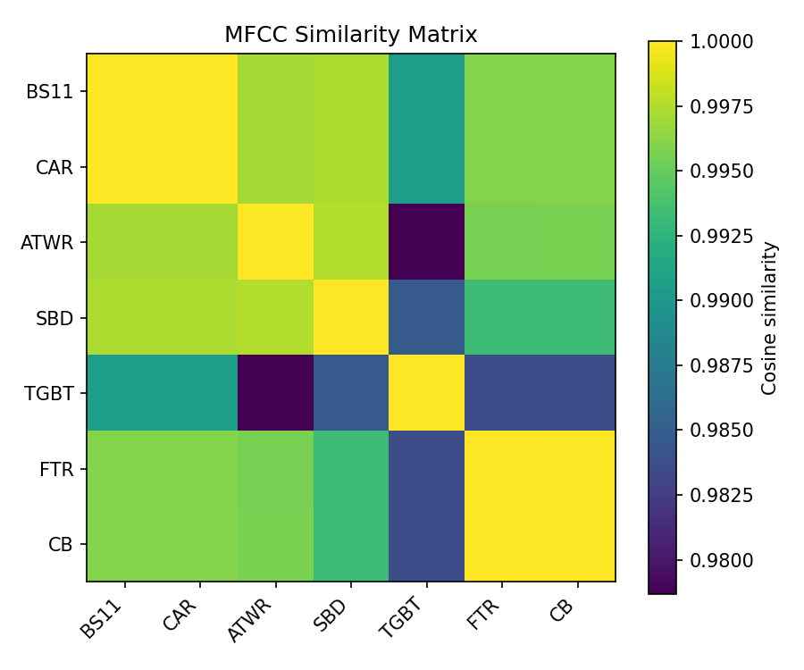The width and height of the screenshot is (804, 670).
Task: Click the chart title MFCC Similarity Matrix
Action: (x=350, y=35)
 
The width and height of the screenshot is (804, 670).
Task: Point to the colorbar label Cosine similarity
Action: (x=769, y=317)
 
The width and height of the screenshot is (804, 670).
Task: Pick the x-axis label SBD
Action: (x=331, y=615)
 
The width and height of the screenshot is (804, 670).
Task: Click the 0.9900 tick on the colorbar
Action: (x=677, y=300)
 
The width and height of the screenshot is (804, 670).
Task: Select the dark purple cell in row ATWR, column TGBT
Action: (x=426, y=242)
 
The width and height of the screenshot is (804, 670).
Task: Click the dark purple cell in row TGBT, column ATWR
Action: (x=275, y=393)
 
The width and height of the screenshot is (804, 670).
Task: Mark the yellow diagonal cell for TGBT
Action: (x=426, y=393)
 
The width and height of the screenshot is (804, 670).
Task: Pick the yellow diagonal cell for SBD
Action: (x=351, y=317)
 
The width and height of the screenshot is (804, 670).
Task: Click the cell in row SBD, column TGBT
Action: (x=426, y=317)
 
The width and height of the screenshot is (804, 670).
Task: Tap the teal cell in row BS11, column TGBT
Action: (x=426, y=91)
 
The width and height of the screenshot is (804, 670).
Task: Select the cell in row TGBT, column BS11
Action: (x=124, y=393)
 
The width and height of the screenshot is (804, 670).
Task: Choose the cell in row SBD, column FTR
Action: (x=502, y=317)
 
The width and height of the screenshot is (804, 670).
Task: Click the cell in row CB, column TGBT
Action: (x=426, y=543)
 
